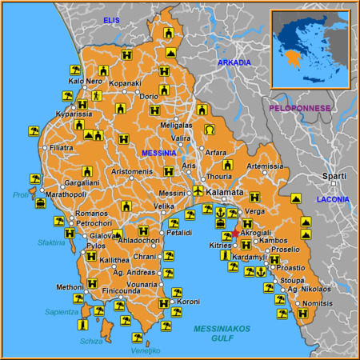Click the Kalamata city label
pyautogui.click(x=225, y=193)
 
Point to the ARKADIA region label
pyautogui.click(x=234, y=62)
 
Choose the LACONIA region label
pyautogui.click(x=333, y=198)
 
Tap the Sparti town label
pyautogui.click(x=334, y=176)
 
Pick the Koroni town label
pyautogui.click(x=189, y=302)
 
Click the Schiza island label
pyautogui.click(x=91, y=341)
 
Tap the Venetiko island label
pyautogui.click(x=146, y=350)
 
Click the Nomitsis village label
pyautogui.click(x=318, y=304)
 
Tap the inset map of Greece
pyautogui.click(x=311, y=47)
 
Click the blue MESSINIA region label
pyautogui.click(x=159, y=152)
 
